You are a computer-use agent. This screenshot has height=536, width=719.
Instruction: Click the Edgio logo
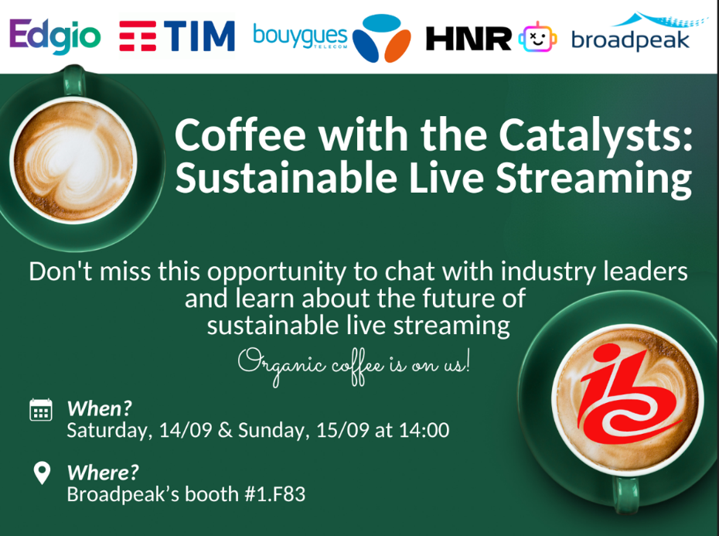[55, 36]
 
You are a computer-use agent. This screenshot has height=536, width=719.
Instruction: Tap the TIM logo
[177, 36]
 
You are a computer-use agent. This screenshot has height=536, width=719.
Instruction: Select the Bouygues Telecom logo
[332, 38]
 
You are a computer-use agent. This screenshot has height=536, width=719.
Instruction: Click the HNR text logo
[469, 39]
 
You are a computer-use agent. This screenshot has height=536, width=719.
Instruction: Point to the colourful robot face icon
[538, 38]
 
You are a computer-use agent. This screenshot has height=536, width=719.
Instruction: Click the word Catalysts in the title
[595, 136]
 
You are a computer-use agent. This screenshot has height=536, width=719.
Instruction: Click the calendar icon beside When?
[41, 409]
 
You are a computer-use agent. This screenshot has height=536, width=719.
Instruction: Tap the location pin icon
[42, 473]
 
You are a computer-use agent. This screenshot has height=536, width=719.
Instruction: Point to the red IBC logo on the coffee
[628, 394]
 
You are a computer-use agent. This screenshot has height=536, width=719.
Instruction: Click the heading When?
[100, 408]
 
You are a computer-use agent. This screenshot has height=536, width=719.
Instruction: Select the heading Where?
[103, 473]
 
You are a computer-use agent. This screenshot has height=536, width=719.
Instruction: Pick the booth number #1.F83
[275, 494]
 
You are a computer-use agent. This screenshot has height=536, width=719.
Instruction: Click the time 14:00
[424, 430]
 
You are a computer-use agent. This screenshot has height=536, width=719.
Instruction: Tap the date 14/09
[186, 431]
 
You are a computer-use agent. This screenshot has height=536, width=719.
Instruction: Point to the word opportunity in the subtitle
[277, 272]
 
